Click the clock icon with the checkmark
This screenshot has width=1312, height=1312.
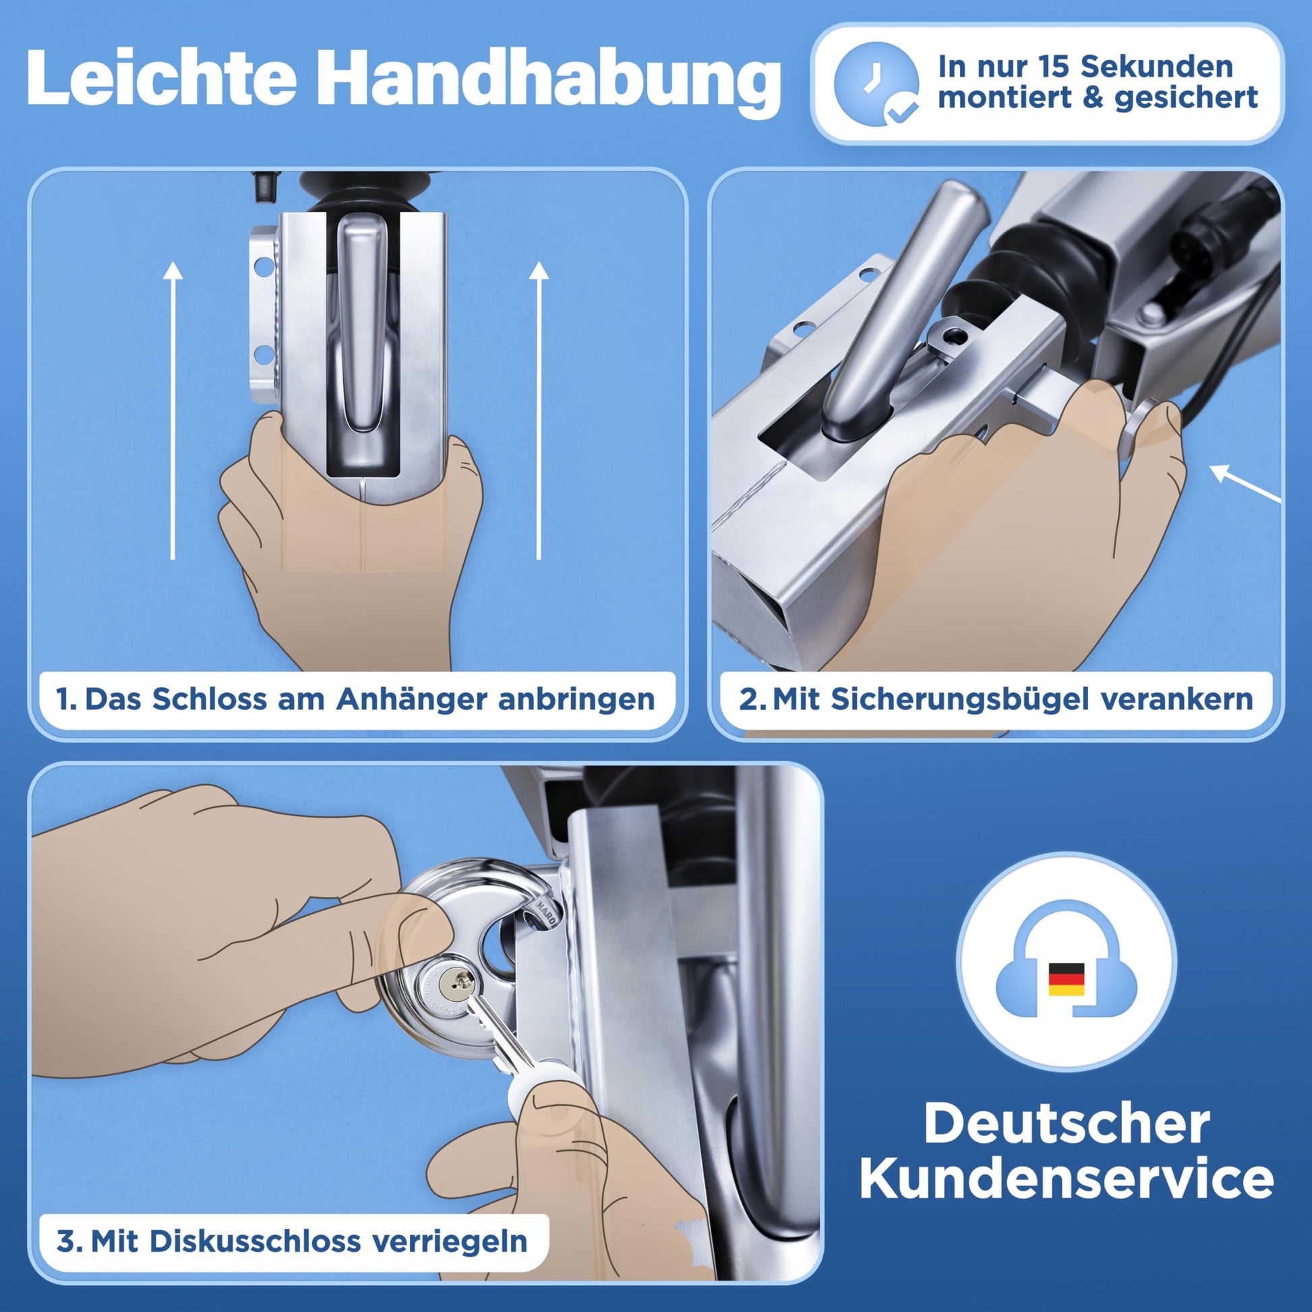tap(876, 84)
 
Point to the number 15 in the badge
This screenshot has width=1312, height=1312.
tap(1054, 67)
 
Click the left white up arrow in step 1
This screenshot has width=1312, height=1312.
tap(173, 411)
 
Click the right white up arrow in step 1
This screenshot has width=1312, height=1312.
tap(539, 411)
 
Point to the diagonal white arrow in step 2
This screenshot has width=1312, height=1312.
tap(1245, 483)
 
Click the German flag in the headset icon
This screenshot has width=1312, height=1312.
tap(1066, 979)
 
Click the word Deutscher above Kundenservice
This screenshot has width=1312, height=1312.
tap(1066, 1123)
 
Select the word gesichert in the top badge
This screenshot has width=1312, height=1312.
tap(1186, 98)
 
